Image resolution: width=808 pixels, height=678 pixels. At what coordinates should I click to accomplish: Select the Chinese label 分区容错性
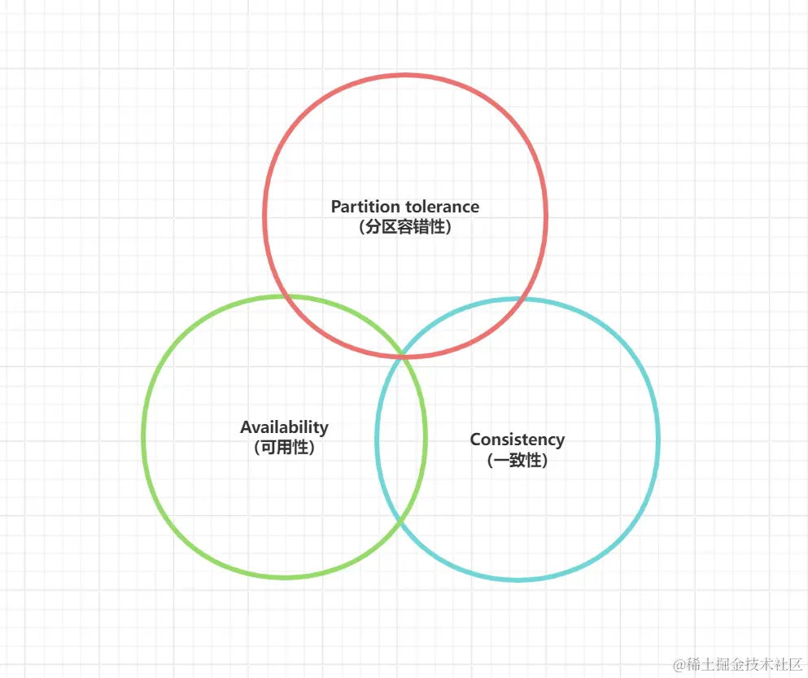click(x=404, y=227)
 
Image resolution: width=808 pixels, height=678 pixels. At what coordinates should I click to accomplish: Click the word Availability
click(x=284, y=427)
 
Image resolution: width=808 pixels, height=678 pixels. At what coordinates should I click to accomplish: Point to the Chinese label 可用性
click(x=284, y=448)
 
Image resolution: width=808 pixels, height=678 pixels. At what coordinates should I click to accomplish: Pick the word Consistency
click(x=517, y=440)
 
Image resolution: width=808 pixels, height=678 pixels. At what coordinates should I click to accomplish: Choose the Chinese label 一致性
click(x=517, y=461)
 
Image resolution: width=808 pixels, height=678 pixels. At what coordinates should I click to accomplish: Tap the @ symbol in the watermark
click(x=679, y=663)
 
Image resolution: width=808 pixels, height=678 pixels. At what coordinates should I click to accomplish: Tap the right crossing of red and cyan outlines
click(x=529, y=300)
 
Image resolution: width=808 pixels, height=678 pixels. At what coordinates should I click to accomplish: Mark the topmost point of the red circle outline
click(x=405, y=76)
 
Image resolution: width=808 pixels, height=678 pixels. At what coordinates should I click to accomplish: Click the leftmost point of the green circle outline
click(x=143, y=437)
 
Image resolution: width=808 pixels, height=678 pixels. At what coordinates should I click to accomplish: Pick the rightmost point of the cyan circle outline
click(x=658, y=440)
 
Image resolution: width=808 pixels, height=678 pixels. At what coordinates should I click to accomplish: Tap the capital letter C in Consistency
click(x=475, y=440)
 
